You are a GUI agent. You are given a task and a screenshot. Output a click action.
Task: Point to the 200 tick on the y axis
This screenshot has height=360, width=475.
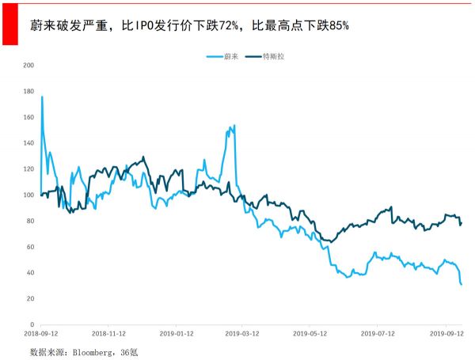pos(29,65)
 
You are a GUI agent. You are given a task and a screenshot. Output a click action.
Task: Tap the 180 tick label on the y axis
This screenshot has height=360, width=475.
pos(29,91)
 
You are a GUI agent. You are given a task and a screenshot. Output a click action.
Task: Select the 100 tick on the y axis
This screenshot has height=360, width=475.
pos(29,195)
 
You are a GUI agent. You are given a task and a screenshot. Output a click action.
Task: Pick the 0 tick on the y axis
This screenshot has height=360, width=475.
pos(32,324)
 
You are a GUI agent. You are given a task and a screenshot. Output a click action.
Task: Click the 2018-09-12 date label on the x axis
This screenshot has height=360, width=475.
pos(40,335)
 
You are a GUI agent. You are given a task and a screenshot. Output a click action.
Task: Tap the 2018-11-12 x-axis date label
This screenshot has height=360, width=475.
pos(108,335)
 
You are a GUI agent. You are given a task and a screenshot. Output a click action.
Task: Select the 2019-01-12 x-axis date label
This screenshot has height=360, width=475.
pos(177,335)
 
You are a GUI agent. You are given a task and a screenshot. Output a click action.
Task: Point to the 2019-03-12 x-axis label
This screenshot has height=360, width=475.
pos(244,335)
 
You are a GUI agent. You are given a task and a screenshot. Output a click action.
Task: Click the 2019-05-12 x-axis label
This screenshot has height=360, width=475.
pos(310,335)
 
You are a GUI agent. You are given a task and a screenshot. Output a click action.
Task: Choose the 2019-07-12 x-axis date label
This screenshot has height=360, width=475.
pos(377,335)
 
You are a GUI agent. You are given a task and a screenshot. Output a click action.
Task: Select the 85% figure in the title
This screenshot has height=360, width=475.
pos(336,25)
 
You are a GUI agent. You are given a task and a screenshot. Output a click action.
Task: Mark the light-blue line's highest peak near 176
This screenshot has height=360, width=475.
pos(42,97)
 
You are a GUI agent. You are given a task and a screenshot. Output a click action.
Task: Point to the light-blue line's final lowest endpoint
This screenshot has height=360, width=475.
pos(462,285)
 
